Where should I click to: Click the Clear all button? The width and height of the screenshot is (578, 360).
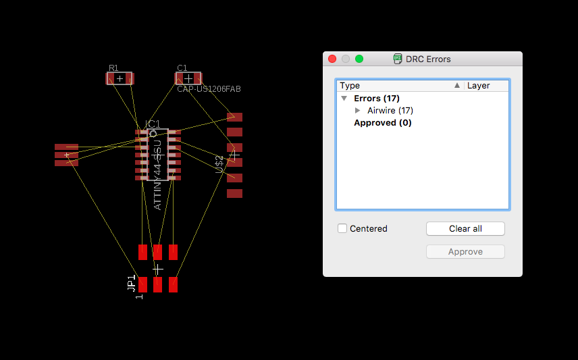point(465,228)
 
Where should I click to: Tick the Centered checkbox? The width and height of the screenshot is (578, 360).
point(342,228)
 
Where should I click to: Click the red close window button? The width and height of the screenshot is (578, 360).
point(332,59)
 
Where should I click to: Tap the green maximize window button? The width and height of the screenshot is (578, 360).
point(359,59)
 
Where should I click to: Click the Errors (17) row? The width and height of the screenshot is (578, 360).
point(376,99)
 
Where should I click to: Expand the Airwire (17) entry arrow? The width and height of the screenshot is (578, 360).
point(358,110)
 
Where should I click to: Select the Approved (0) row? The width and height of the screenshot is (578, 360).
point(382,123)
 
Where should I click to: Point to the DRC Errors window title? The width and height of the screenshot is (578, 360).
point(428,59)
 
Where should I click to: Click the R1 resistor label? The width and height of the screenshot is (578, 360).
point(113,68)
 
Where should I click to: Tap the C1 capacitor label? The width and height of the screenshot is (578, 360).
point(182,68)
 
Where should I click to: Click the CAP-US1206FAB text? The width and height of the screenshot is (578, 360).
point(209,89)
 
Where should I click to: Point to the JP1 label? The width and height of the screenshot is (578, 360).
point(132,282)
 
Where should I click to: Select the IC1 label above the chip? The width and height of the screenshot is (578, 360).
point(153,124)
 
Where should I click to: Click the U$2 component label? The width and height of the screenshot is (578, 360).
point(219,164)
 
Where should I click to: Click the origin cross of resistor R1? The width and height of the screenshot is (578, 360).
point(120,78)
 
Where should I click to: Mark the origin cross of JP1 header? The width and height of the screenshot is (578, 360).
point(157,269)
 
